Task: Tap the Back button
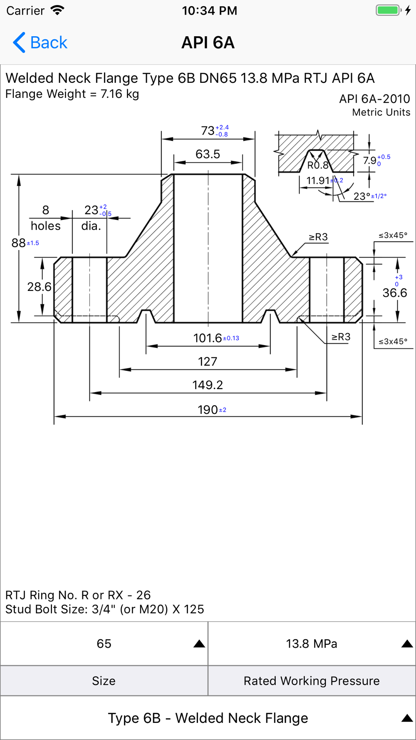40,42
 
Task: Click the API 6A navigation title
208,42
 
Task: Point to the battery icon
388,10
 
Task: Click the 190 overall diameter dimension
208,410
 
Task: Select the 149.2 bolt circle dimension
208,385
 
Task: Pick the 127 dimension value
208,361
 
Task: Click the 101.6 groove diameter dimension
208,338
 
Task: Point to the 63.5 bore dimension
208,154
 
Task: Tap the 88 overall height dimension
19,243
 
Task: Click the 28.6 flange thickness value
39,287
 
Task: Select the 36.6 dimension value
395,293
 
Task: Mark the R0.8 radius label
318,166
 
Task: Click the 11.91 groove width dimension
318,181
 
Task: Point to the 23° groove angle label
362,196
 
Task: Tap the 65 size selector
104,644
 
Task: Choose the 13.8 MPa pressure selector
312,644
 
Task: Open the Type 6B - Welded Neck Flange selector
208,718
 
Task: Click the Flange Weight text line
72,94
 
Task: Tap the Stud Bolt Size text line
105,609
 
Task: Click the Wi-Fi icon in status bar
57,10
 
